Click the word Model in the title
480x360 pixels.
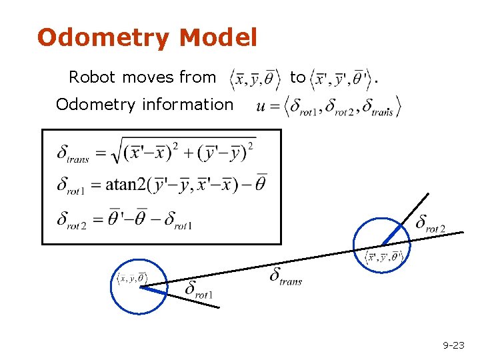pyautogui.click(x=218, y=38)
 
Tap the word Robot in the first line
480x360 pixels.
pyautogui.click(x=92, y=78)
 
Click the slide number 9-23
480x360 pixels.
pyautogui.click(x=453, y=345)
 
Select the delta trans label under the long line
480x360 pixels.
pyautogui.click(x=285, y=276)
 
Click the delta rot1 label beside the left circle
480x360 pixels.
pyautogui.click(x=199, y=289)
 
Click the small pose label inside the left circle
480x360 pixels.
pyautogui.click(x=131, y=278)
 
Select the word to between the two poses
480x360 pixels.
pyautogui.click(x=297, y=78)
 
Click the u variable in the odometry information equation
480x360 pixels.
pyautogui.click(x=261, y=106)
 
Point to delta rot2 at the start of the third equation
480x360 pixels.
pyautogui.click(x=71, y=220)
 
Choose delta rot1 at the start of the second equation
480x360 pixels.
pyautogui.click(x=70, y=185)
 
